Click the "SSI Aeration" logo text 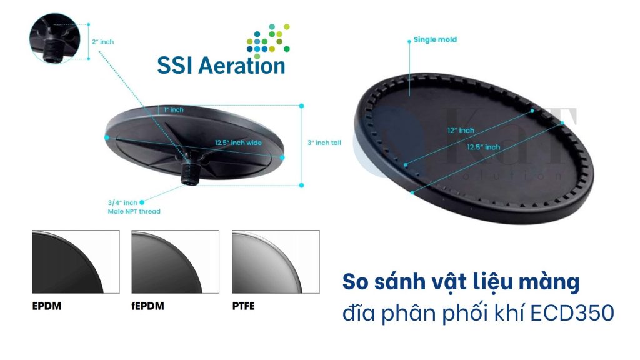click(221, 65)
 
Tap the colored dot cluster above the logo click(268, 40)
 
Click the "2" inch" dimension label click(103, 42)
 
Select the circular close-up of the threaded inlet click(55, 38)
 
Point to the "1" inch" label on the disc click(174, 110)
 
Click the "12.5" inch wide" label click(238, 142)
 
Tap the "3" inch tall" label click(324, 142)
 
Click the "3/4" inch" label click(122, 202)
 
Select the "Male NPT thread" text click(134, 211)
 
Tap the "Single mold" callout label click(435, 39)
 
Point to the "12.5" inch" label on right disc click(482, 147)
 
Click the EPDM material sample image click(76, 262)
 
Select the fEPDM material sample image click(175, 262)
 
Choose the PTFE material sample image click(276, 262)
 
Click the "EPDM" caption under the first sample click(47, 307)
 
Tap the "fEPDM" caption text click(149, 307)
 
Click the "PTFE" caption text click(243, 307)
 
